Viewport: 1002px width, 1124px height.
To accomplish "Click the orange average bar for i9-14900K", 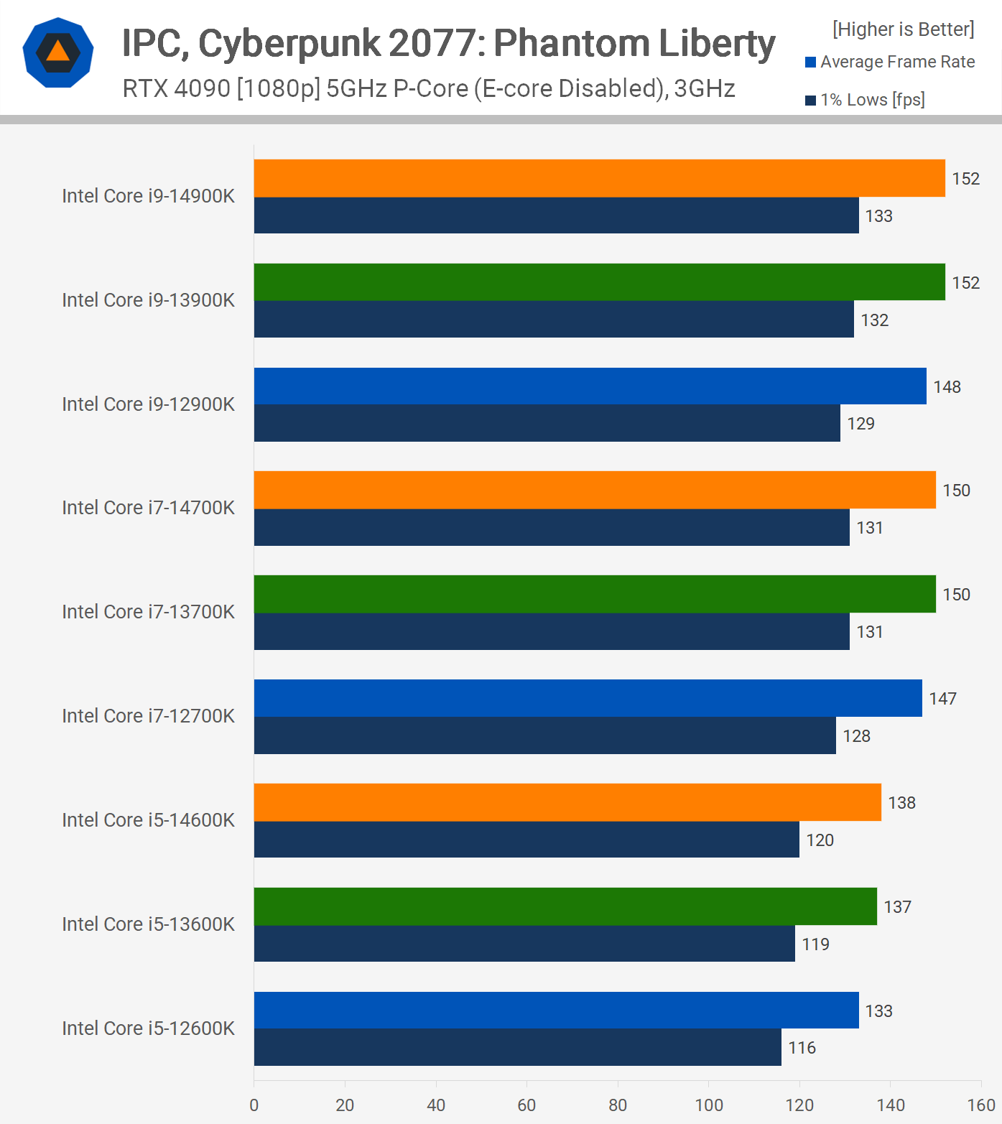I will [x=599, y=178].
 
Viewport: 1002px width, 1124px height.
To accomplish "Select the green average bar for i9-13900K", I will [x=599, y=282].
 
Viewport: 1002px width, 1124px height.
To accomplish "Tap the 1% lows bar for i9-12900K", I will [x=547, y=423].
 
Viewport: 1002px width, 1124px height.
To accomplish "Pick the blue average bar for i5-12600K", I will [x=556, y=1011].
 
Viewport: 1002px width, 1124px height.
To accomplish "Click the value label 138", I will [x=901, y=803].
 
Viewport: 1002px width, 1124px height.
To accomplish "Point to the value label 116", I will [x=802, y=1048].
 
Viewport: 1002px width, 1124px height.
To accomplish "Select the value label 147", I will [x=942, y=699].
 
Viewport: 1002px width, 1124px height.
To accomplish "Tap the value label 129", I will [x=860, y=424].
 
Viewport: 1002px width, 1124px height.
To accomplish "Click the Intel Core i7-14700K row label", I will [x=148, y=508].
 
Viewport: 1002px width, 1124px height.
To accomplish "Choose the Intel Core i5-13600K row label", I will [x=148, y=924].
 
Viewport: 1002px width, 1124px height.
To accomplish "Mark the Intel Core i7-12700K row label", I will [x=148, y=716].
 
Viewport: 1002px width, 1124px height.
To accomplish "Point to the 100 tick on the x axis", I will [x=709, y=1105].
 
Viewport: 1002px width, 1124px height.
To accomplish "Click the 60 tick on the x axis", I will [x=526, y=1105].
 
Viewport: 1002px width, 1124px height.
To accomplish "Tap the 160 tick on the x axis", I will [x=981, y=1105].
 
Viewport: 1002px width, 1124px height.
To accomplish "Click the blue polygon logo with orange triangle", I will [x=58, y=52].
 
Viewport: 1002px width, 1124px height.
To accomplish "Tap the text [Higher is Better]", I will [x=903, y=29].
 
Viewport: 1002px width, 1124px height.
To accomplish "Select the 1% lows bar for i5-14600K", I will [x=526, y=840].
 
